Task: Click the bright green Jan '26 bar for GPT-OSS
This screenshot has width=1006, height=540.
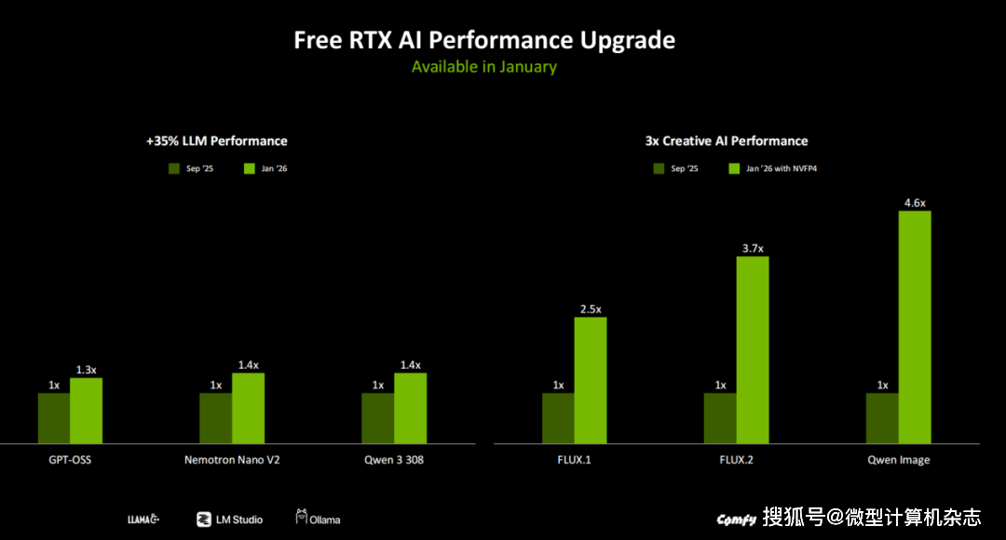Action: tap(86, 411)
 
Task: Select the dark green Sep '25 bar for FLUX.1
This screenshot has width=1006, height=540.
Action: tap(558, 418)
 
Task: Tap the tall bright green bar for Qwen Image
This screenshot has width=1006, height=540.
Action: tap(914, 327)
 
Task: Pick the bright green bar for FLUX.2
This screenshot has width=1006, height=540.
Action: tap(753, 349)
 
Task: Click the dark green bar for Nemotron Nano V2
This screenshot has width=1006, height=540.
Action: tap(215, 418)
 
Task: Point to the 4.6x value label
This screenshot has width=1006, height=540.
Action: tap(915, 203)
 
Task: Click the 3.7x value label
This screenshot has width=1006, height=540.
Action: tap(753, 249)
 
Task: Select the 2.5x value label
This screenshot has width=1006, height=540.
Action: tap(591, 309)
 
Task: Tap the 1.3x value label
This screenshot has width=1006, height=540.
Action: tap(87, 370)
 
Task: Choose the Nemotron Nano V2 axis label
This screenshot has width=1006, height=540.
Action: tap(232, 460)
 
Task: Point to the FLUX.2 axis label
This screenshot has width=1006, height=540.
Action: tap(736, 460)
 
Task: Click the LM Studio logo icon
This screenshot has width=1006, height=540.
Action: tap(203, 520)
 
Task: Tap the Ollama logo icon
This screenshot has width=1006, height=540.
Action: tap(302, 517)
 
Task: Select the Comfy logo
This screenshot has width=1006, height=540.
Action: tap(735, 520)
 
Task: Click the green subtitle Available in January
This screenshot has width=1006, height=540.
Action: tap(483, 67)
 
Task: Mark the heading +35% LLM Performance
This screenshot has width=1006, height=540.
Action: tap(216, 141)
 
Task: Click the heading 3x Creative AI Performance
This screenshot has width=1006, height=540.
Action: tap(727, 141)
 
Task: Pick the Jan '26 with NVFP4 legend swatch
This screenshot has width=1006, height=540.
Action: tap(734, 169)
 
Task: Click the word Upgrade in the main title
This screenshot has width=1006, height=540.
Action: tap(628, 40)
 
